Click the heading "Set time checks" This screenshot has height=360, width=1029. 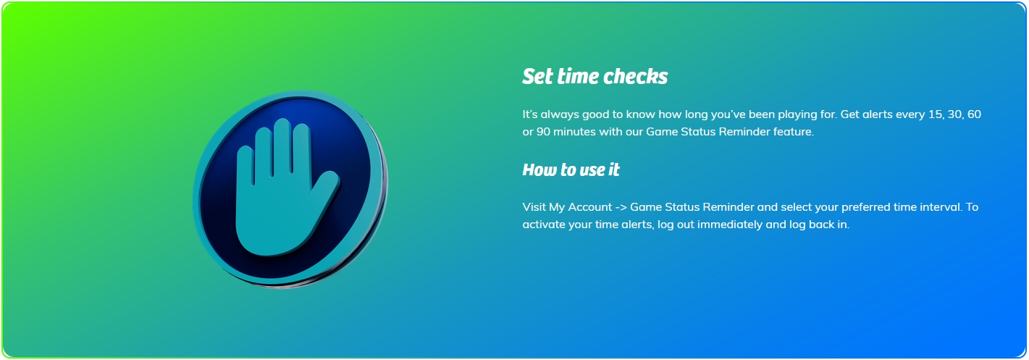[x=595, y=76]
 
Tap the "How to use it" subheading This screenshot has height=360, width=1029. [x=571, y=169]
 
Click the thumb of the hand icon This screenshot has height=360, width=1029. [x=324, y=189]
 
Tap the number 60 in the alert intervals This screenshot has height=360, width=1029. [x=974, y=114]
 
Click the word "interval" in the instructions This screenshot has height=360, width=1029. [x=938, y=207]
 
